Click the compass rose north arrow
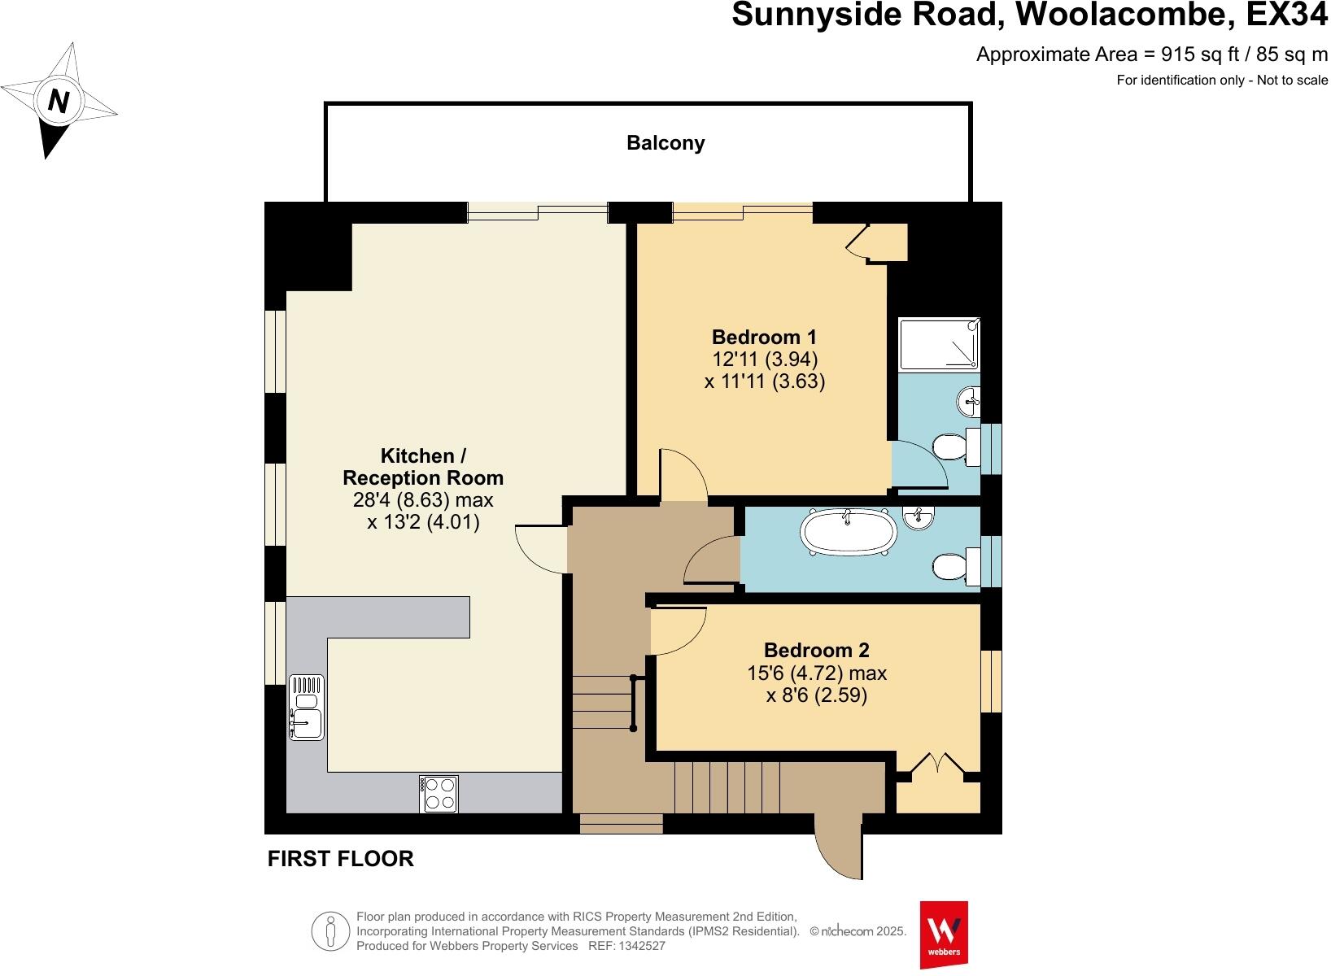click(x=59, y=102)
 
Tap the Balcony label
click(x=665, y=143)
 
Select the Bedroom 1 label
click(x=764, y=337)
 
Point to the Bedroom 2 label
click(x=816, y=651)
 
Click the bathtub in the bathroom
click(x=849, y=533)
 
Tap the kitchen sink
click(x=306, y=707)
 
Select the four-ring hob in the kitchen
click(x=439, y=794)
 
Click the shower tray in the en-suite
click(x=939, y=341)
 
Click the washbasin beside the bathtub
click(x=919, y=517)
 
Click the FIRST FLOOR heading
click(x=341, y=859)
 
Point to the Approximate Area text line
click(x=1151, y=54)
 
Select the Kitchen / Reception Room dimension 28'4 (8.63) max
click(x=423, y=499)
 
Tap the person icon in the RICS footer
click(x=330, y=930)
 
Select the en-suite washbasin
click(x=969, y=399)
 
